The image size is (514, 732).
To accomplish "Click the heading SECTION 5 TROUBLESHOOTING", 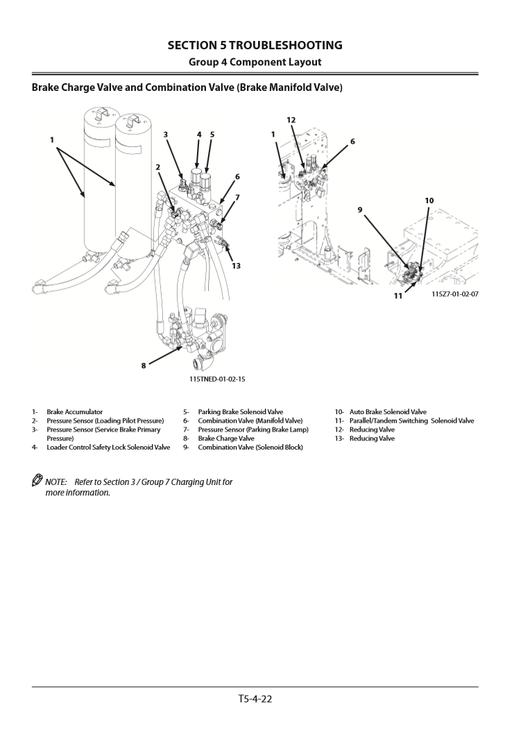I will click(x=255, y=46).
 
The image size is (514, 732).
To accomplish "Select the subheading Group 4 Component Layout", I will click(x=255, y=62).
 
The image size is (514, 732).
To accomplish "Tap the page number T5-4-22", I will click(x=255, y=699).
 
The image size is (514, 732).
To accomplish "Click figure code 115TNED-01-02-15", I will click(x=217, y=380).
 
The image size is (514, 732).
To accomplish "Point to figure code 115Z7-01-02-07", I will click(x=450, y=293).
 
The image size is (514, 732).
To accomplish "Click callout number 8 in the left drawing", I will click(x=144, y=366).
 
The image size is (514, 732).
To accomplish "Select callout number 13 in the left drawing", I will click(x=236, y=266).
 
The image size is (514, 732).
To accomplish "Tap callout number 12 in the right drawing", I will click(x=291, y=120).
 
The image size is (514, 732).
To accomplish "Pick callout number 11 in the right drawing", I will click(x=398, y=296).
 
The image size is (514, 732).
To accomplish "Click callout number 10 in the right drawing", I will click(x=429, y=201).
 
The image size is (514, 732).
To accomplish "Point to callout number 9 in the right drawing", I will click(x=360, y=209).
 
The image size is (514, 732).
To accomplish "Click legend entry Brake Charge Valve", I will click(x=226, y=439).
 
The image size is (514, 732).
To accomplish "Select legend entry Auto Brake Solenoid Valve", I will click(x=388, y=412).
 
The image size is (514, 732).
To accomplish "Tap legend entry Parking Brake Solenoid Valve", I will click(x=240, y=412).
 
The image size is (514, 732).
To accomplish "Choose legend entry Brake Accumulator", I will click(x=74, y=412).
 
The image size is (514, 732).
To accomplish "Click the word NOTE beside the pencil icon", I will click(x=55, y=482).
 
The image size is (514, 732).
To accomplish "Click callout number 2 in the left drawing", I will click(x=158, y=167).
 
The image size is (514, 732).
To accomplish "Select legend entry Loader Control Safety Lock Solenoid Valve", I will click(x=108, y=448).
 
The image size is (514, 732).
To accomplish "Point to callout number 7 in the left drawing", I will click(x=237, y=198).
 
